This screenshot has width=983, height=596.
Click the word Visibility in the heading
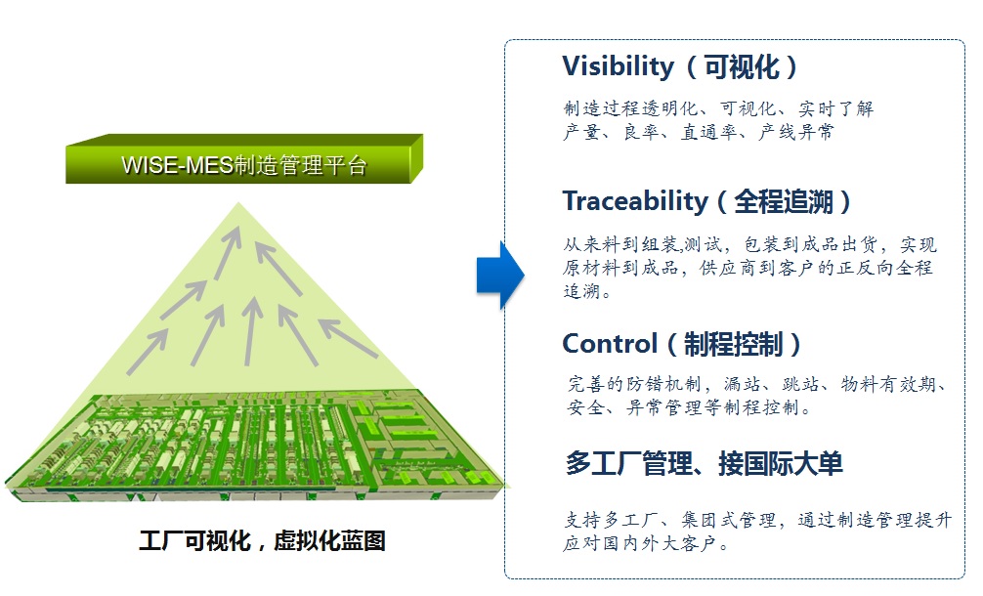(x=618, y=66)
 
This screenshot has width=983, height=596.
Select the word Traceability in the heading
(x=635, y=201)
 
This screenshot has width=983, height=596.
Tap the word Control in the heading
(x=610, y=344)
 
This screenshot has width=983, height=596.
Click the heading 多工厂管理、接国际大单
(x=704, y=463)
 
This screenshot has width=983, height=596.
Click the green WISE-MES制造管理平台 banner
(x=245, y=164)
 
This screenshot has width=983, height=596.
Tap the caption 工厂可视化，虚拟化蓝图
(x=261, y=540)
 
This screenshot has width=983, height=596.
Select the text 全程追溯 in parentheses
(x=784, y=202)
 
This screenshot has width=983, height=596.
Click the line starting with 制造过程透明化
(x=718, y=108)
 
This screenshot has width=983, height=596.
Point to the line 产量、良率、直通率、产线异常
(x=699, y=133)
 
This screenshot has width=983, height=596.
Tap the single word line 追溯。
(x=587, y=292)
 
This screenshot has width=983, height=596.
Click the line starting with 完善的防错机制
(x=757, y=384)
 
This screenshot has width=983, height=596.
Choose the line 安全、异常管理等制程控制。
(x=689, y=408)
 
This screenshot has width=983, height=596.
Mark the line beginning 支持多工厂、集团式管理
(x=757, y=521)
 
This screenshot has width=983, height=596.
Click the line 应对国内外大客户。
(x=645, y=545)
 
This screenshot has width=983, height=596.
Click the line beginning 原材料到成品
(x=748, y=269)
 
